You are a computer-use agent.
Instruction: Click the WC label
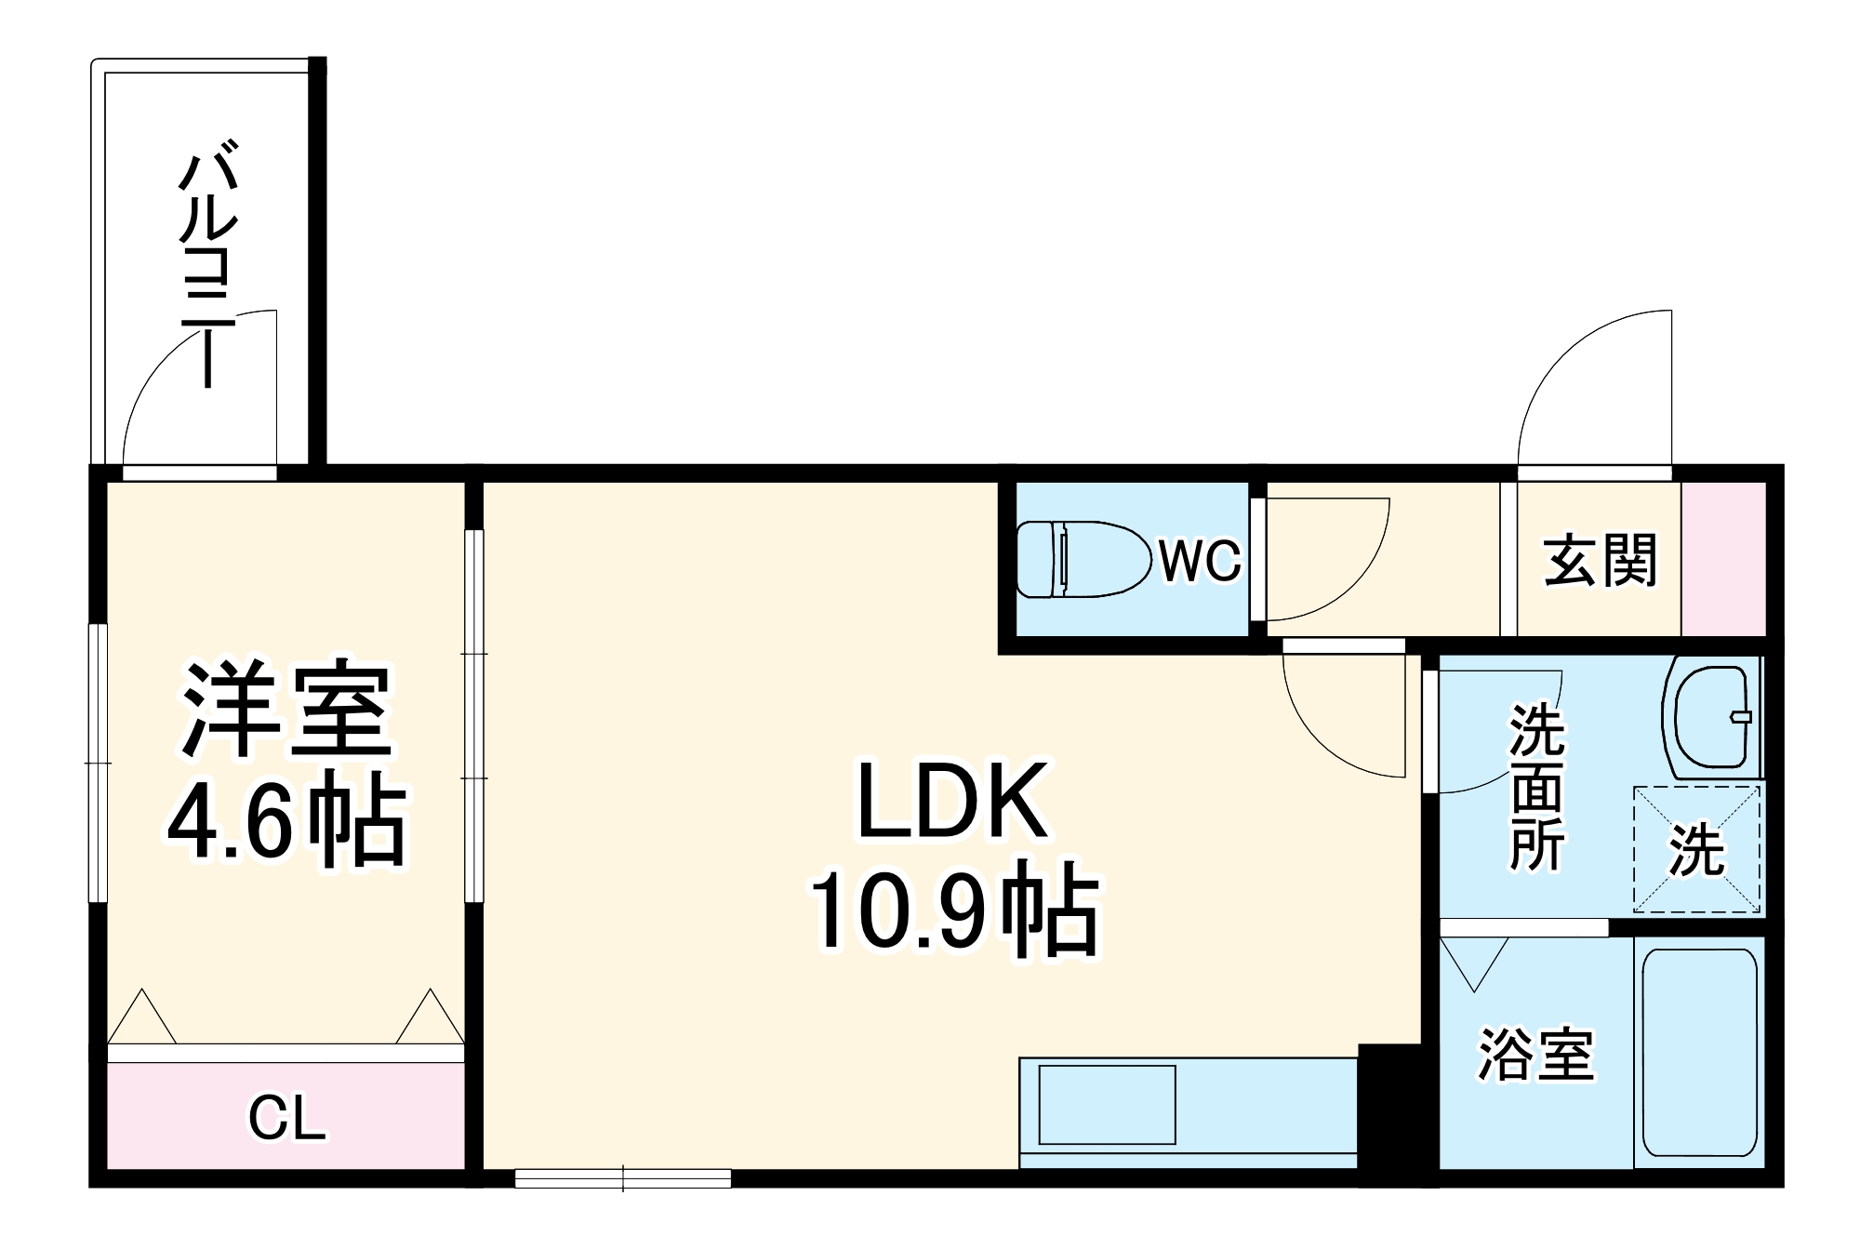click(x=1200, y=560)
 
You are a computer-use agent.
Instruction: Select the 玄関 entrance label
click(x=1601, y=560)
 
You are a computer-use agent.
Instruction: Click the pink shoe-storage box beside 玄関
click(x=1723, y=559)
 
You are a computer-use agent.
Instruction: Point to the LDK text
click(x=951, y=801)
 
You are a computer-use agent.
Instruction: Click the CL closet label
click(x=286, y=1118)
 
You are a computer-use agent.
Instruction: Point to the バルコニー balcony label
click(x=208, y=264)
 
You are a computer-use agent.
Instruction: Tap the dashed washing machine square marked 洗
click(x=1697, y=849)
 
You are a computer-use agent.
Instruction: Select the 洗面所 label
click(x=1535, y=788)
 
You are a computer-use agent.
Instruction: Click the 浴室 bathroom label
click(x=1536, y=1055)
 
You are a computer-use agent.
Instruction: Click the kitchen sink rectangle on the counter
click(x=1107, y=1105)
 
